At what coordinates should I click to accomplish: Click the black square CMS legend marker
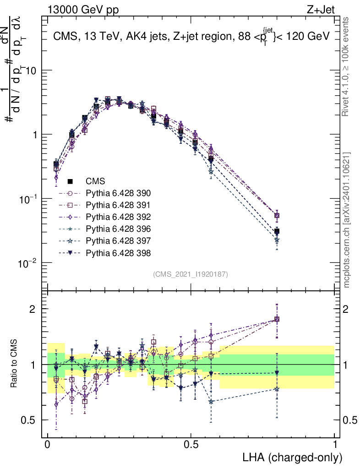(x=71, y=181)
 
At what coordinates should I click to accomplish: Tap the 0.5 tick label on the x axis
(x=191, y=445)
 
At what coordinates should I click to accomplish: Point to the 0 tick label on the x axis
(x=48, y=445)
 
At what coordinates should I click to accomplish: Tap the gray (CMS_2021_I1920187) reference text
(x=191, y=274)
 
